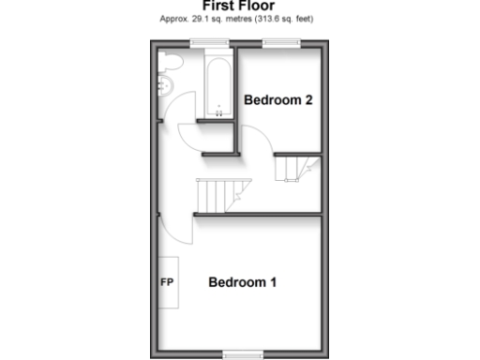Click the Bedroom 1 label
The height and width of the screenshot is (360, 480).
(x=243, y=282)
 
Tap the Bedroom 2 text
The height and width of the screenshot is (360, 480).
(x=277, y=100)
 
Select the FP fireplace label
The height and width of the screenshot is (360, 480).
(x=168, y=282)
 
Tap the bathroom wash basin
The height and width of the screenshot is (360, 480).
(x=162, y=87)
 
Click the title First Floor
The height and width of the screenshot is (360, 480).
(x=238, y=5)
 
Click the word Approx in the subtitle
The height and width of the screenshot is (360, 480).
(x=174, y=19)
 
